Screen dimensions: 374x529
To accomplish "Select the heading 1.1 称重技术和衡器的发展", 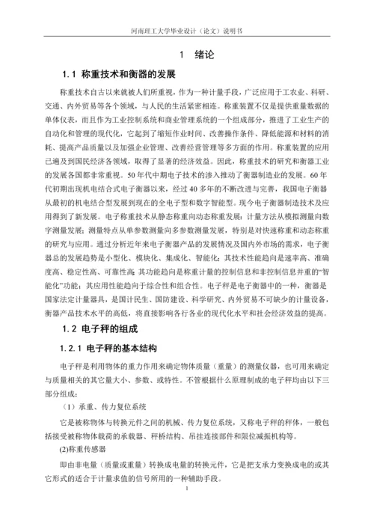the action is [x=119, y=76].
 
